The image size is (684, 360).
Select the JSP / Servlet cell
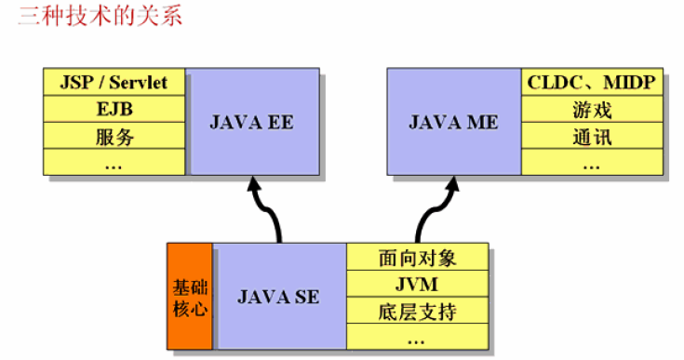pyautogui.click(x=114, y=82)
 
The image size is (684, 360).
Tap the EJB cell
pyautogui.click(x=114, y=109)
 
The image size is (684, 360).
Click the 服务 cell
pyautogui.click(x=114, y=137)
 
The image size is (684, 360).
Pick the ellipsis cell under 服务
pyautogui.click(x=114, y=163)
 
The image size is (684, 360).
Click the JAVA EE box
pyautogui.click(x=250, y=122)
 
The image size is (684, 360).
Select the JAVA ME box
pyautogui.click(x=453, y=122)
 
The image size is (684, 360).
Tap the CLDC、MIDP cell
pyautogui.click(x=591, y=82)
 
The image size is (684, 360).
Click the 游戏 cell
pyautogui.click(x=591, y=110)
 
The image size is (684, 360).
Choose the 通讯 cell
pyautogui.click(x=591, y=137)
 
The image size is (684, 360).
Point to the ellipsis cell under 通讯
pyautogui.click(x=591, y=163)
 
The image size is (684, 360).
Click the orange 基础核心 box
pyautogui.click(x=190, y=296)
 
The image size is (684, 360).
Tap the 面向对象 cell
pyautogui.click(x=418, y=256)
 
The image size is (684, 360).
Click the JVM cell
pyautogui.click(x=418, y=283)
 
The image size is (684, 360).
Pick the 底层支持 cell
pyautogui.click(x=418, y=311)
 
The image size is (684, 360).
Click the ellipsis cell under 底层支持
pyautogui.click(x=418, y=337)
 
